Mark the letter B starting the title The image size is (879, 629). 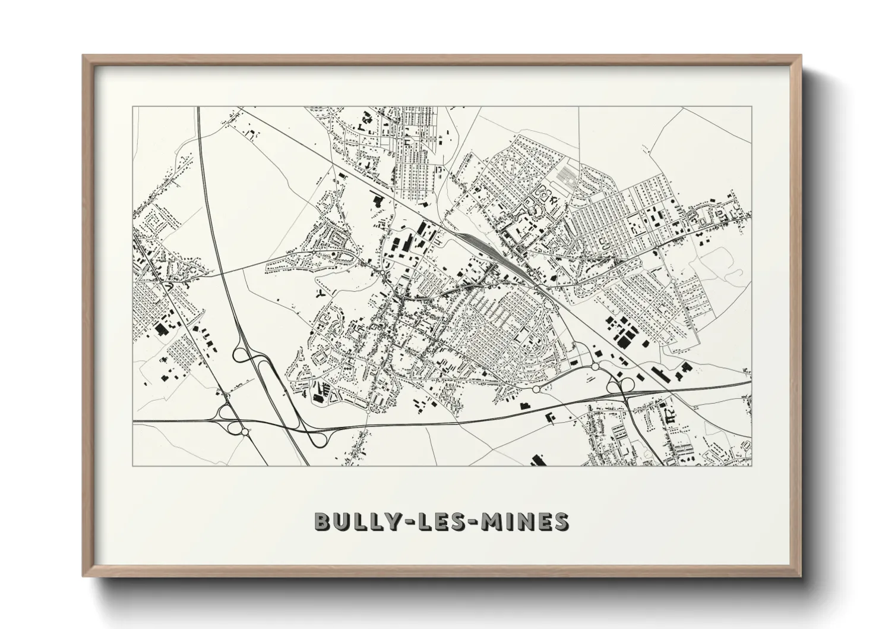322,521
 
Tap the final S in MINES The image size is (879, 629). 560,521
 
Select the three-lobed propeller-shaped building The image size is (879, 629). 321,293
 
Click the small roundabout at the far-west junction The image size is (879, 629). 226,410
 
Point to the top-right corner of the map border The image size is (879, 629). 751,107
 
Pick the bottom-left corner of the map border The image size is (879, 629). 132,466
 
